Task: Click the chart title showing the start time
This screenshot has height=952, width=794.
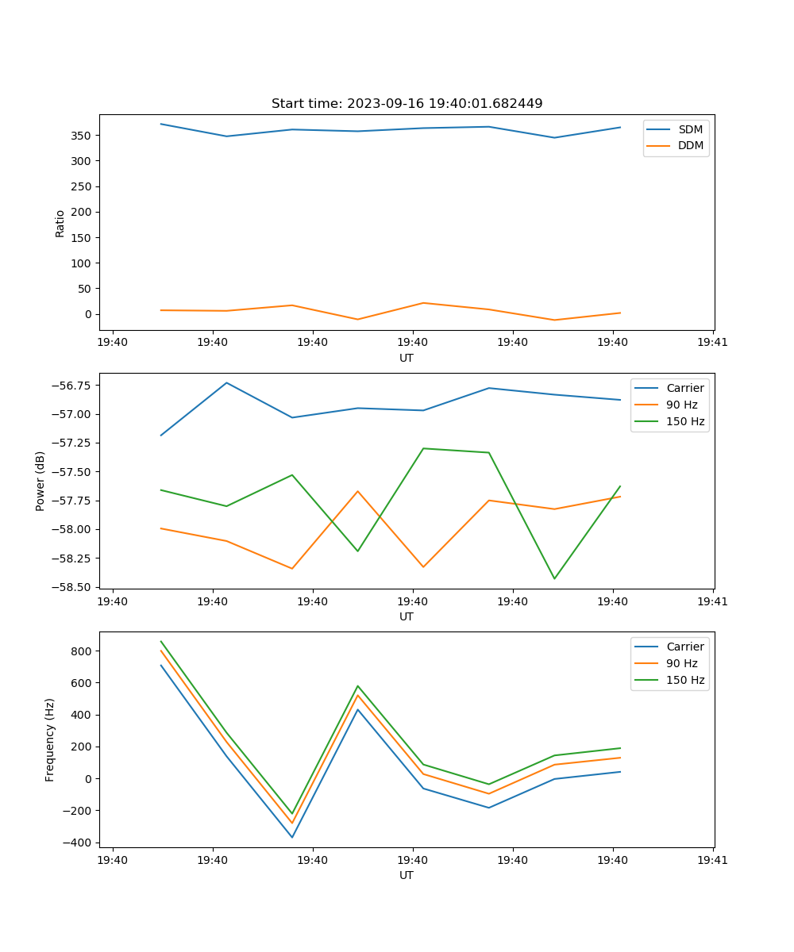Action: [407, 104]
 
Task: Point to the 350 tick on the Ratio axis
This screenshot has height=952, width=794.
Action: [83, 136]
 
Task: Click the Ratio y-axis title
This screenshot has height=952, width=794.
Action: [60, 222]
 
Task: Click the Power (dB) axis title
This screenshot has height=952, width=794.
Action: [40, 481]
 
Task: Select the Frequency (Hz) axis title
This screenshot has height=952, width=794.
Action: [50, 739]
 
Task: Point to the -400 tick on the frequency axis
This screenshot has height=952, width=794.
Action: [79, 843]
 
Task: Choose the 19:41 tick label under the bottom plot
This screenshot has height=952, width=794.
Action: [712, 860]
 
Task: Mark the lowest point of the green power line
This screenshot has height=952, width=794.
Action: [554, 578]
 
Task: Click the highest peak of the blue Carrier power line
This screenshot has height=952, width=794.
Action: [226, 382]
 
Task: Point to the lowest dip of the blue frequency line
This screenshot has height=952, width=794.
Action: [292, 837]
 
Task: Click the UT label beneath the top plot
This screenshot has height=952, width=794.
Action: [407, 358]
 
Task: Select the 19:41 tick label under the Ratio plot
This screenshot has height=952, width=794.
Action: [712, 343]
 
